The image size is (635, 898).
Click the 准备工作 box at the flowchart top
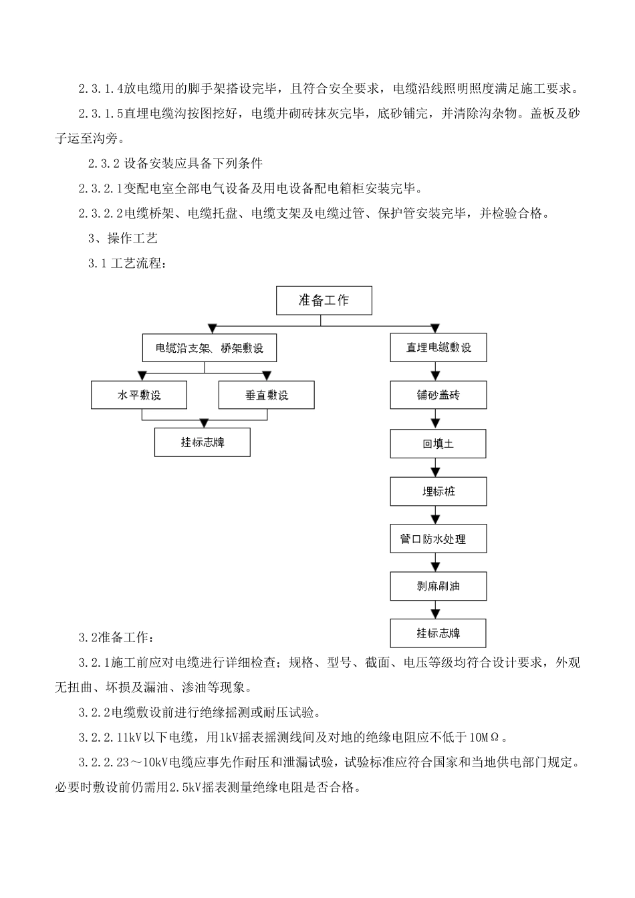[x=324, y=301]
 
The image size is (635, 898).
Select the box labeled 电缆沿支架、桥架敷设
[x=209, y=348]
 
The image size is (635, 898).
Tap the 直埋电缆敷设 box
[x=438, y=348]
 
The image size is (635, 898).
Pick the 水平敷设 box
[x=139, y=396]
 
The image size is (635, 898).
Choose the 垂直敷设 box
[x=267, y=396]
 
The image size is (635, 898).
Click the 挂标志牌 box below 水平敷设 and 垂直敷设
[x=203, y=442]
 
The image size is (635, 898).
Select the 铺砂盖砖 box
[x=438, y=396]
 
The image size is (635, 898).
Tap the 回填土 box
[x=438, y=444]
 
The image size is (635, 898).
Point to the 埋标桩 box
[x=438, y=492]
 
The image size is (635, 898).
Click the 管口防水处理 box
[x=438, y=539]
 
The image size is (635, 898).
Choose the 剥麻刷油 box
[x=438, y=586]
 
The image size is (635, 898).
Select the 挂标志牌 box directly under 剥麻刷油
[x=438, y=633]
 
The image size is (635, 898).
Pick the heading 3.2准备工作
[x=116, y=637]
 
